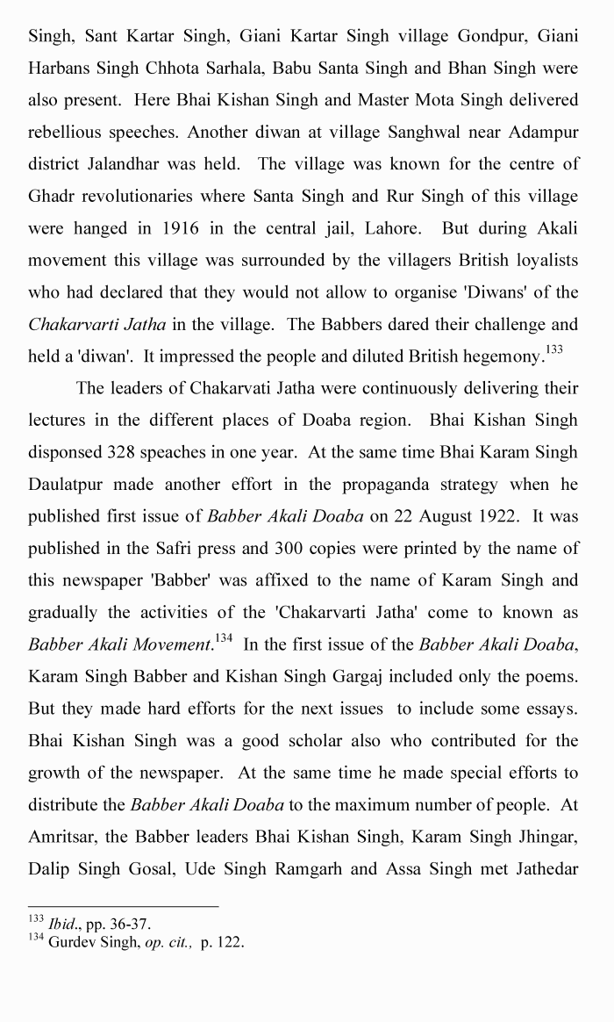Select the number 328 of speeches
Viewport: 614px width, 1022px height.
(x=123, y=452)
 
